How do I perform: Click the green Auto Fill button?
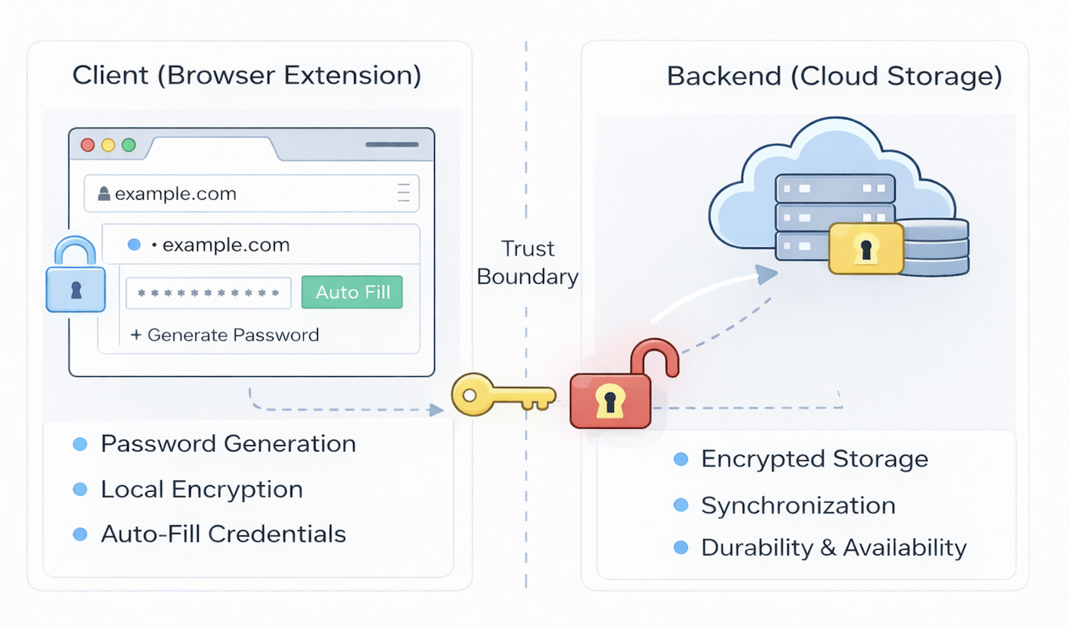click(352, 292)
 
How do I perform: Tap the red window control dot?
click(88, 145)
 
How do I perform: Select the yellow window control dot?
click(108, 145)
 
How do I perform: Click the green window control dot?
click(129, 145)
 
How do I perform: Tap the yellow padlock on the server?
click(866, 248)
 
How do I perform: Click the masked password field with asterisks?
click(208, 293)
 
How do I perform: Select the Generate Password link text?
click(233, 335)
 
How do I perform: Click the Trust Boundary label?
click(527, 263)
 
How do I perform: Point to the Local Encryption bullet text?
click(202, 490)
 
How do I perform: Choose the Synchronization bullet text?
click(798, 506)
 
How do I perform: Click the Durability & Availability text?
click(833, 548)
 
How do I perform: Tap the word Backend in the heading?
click(723, 77)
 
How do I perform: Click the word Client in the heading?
click(110, 76)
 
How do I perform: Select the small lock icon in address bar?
click(104, 194)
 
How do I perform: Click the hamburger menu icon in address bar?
click(403, 193)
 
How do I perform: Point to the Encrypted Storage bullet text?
click(814, 459)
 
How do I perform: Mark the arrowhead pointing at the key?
click(436, 410)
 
